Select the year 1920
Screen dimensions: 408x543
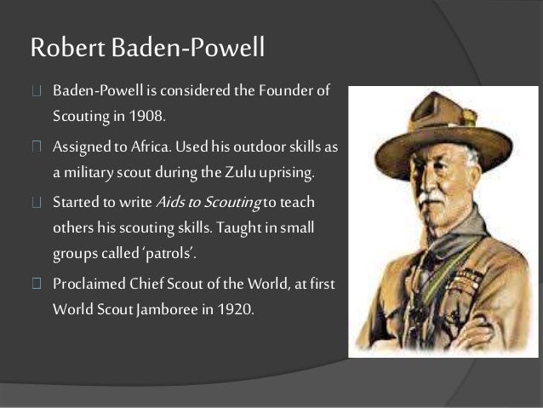232,308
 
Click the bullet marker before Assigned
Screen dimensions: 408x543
36,147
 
